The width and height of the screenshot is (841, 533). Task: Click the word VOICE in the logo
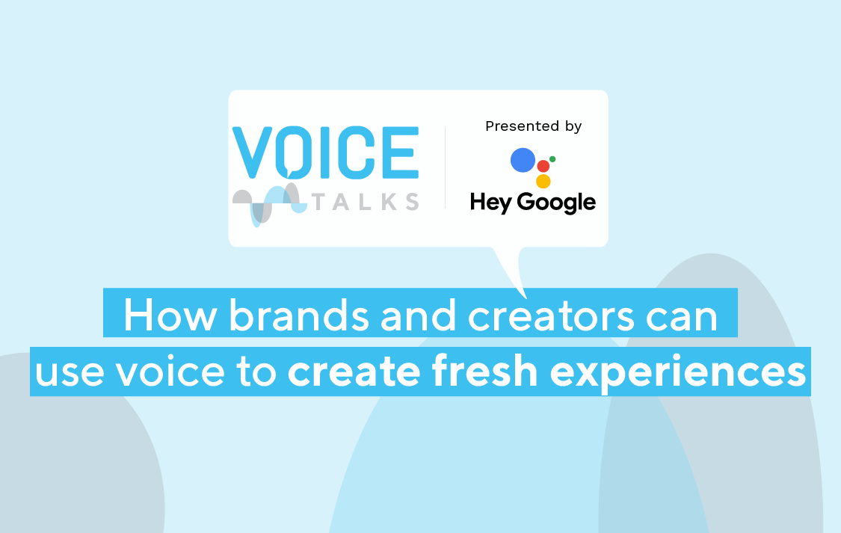click(x=325, y=152)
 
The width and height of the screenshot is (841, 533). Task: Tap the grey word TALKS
click(x=366, y=202)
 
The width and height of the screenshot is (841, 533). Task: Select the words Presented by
click(x=533, y=126)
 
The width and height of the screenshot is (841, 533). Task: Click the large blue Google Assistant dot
click(x=523, y=160)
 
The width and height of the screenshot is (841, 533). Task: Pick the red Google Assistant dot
click(x=543, y=166)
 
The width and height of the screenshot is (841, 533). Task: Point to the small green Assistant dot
click(x=552, y=158)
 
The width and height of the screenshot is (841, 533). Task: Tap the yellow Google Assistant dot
click(x=543, y=181)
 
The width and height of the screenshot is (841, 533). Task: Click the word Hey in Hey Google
click(x=490, y=203)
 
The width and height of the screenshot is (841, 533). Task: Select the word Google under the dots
click(x=556, y=203)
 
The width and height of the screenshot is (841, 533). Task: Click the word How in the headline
click(x=170, y=315)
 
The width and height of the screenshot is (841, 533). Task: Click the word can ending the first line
click(x=681, y=318)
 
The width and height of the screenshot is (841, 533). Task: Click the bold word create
click(x=354, y=372)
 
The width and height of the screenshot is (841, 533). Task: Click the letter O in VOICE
click(x=293, y=152)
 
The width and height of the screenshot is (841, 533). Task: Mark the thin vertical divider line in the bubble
click(x=446, y=167)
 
